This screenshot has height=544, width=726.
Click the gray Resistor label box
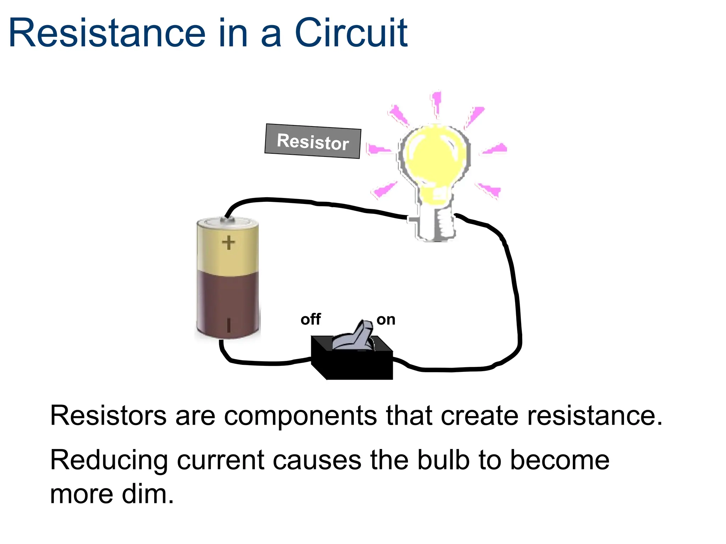click(x=313, y=141)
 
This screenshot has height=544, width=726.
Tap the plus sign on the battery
click(x=228, y=243)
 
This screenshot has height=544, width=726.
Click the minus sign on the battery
click(x=229, y=325)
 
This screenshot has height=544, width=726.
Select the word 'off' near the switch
click(x=311, y=319)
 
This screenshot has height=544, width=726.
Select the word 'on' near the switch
click(x=386, y=320)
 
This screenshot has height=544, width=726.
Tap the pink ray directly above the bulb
click(x=436, y=103)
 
